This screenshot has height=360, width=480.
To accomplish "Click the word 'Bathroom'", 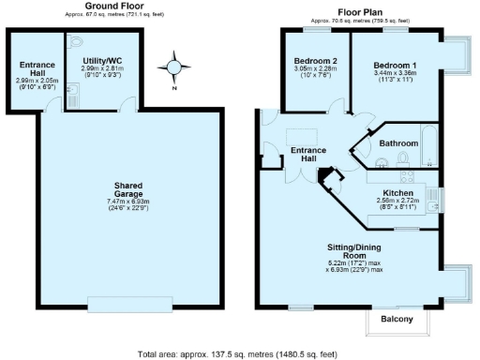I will pos(398,143).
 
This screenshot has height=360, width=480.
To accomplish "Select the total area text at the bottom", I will pos(236,354).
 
